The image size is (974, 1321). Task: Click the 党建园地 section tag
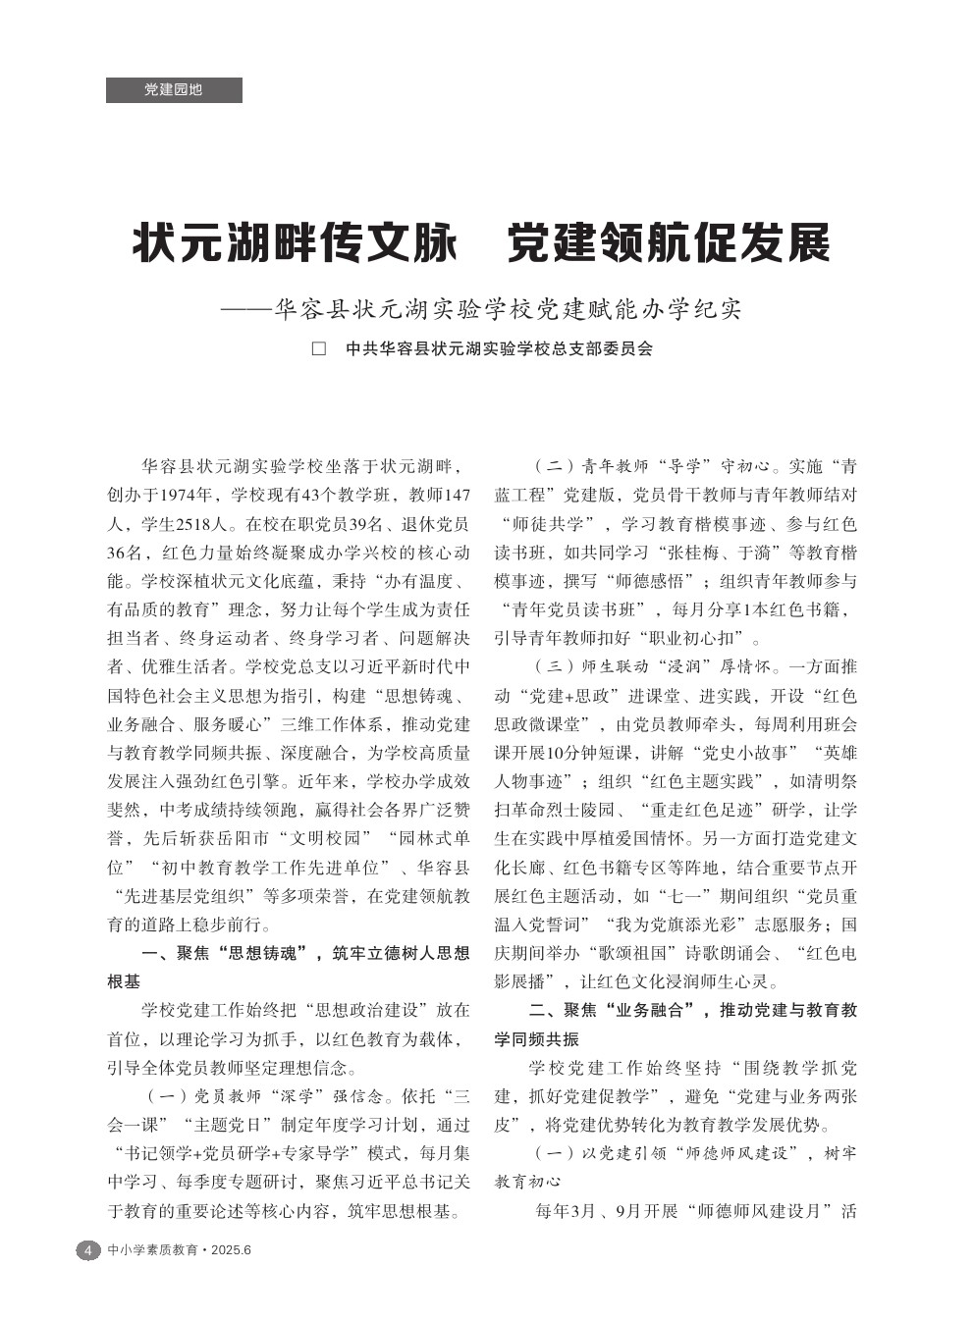(x=174, y=90)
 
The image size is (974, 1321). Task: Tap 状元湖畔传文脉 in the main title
(x=296, y=243)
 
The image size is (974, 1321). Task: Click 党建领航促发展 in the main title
(x=669, y=243)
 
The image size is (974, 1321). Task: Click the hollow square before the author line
(x=317, y=349)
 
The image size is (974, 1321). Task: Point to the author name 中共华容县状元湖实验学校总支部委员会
(x=500, y=349)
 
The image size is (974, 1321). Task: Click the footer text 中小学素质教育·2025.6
(x=180, y=1250)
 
